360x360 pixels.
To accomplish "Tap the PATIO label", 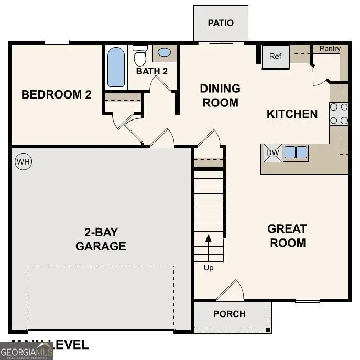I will pos(221,23).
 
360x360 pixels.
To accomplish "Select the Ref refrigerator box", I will pos(276,56).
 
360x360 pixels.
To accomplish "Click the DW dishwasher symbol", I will pos(272,152).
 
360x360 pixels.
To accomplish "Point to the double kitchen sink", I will pos(296,152).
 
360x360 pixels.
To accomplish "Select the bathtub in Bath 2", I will pos(116,67).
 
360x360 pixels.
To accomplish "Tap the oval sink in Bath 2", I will pos(164,52).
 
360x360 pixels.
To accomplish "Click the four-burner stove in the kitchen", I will pos(339,114).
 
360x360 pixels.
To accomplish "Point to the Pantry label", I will pos(330,49).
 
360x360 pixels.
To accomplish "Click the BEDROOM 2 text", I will pos(57,95).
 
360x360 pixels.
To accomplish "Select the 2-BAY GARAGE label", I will pos(101,239).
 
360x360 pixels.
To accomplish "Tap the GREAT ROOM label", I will pos(287,236).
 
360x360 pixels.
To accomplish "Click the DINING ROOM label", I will pos(220,95).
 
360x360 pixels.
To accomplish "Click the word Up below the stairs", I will pos(209,268).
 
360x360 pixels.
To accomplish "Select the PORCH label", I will pos(230,314).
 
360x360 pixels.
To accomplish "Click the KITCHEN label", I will pos(292,114).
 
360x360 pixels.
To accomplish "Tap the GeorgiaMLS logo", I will pos(26,350).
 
